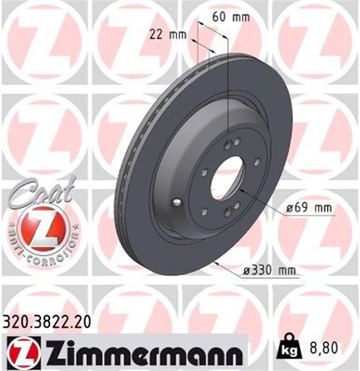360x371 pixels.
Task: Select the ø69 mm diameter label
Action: (308, 207)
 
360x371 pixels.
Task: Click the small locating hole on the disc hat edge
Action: (177, 202)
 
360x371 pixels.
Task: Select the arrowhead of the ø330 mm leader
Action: (216, 264)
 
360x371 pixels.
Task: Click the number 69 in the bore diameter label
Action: (302, 207)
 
